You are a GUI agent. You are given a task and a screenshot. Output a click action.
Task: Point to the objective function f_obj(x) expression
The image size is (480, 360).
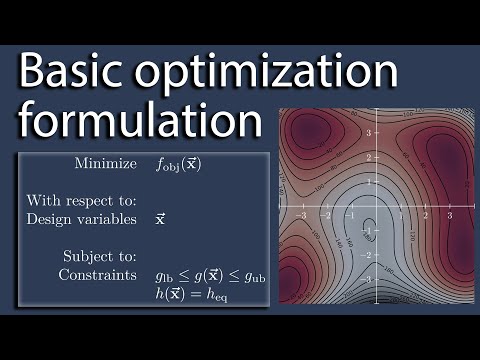point(179,164)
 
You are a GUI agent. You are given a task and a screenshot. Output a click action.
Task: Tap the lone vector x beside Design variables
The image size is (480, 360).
point(161,217)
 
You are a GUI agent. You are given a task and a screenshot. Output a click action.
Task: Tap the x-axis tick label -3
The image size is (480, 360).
point(302,215)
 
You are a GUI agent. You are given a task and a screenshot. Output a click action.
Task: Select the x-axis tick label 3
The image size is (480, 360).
point(450,215)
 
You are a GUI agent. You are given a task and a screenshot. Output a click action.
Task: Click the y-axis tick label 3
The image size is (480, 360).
point(369,132)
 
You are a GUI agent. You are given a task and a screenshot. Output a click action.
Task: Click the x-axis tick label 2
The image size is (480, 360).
point(426,215)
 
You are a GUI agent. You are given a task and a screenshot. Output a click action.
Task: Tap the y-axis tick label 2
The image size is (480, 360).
point(369,157)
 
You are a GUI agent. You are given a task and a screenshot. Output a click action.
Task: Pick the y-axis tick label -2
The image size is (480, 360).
point(369,256)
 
